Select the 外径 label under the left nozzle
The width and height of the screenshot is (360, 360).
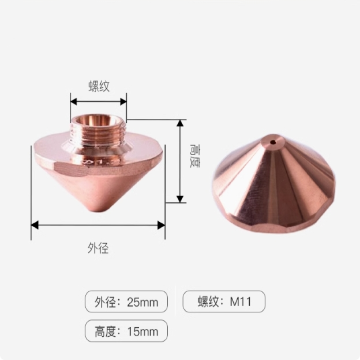98,248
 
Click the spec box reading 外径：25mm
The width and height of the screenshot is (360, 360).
126,301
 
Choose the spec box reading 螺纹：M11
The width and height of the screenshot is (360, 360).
224,301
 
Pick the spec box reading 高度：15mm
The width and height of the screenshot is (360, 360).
126,332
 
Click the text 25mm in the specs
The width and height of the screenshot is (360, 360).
143,302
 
